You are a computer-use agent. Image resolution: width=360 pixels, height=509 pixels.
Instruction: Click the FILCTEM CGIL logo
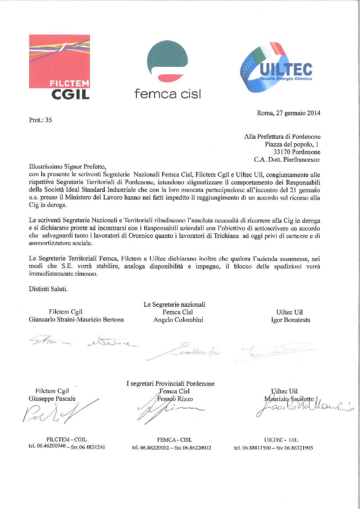click(59, 67)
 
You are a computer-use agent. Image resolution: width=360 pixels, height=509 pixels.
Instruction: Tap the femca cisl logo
click(167, 70)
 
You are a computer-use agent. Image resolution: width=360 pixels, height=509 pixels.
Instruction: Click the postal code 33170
click(282, 152)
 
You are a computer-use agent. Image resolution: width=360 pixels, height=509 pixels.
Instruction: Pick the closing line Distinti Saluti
click(48, 289)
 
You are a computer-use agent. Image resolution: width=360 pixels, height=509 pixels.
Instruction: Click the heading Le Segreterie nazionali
click(174, 304)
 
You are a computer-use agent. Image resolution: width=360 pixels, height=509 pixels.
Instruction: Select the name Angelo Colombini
click(178, 320)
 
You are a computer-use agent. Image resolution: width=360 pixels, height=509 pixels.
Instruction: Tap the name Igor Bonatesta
click(290, 320)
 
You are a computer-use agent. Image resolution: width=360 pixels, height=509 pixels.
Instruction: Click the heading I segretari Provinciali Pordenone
click(170, 384)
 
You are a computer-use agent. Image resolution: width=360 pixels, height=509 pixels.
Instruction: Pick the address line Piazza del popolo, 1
click(292, 144)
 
